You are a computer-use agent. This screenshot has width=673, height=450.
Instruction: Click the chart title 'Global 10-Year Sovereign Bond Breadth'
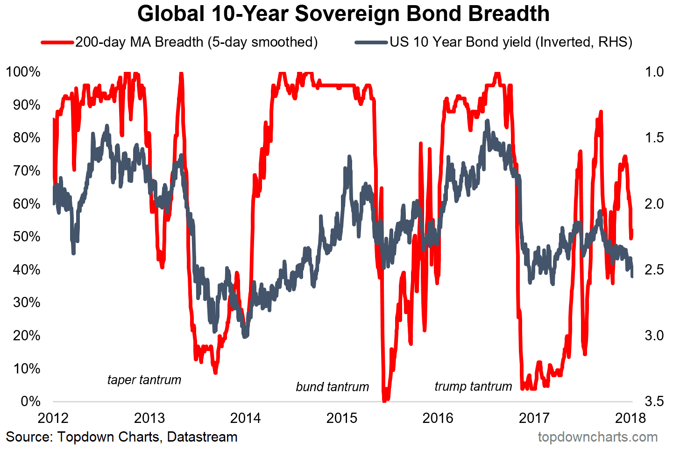pyautogui.click(x=343, y=14)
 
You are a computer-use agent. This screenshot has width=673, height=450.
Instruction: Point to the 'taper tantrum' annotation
pyautogui.click(x=144, y=380)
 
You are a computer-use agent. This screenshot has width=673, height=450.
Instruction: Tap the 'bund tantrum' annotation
pyautogui.click(x=332, y=387)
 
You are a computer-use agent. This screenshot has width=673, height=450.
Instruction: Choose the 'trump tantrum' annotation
pyautogui.click(x=473, y=387)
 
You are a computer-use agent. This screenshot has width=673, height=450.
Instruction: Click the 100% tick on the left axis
pyautogui.click(x=23, y=72)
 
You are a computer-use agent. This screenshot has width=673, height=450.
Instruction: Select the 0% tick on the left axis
pyautogui.click(x=30, y=401)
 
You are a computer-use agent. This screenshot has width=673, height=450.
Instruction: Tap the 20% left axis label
pyautogui.click(x=26, y=336)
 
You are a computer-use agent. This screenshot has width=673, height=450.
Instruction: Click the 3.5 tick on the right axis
pyautogui.click(x=654, y=401)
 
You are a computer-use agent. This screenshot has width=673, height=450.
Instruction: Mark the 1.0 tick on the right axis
pyautogui.click(x=654, y=72)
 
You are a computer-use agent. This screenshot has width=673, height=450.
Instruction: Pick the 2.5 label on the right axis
pyautogui.click(x=654, y=270)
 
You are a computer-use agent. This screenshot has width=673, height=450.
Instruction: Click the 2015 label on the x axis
pyautogui.click(x=342, y=418)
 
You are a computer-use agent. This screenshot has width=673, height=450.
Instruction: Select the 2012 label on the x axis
pyautogui.click(x=53, y=418)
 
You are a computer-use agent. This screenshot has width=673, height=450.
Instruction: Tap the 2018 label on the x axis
pyautogui.click(x=630, y=418)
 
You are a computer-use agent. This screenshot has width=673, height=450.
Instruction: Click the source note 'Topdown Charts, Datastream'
pyautogui.click(x=121, y=437)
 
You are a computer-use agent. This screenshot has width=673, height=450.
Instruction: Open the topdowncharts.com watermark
pyautogui.click(x=597, y=437)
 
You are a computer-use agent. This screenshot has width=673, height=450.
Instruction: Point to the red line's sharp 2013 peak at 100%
pyautogui.click(x=181, y=73)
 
